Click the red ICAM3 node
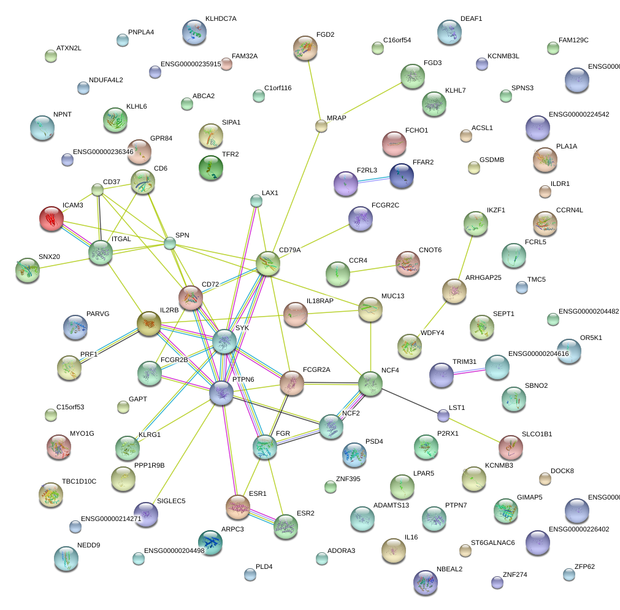point(52,218)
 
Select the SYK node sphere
point(224,341)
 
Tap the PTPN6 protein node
point(221,393)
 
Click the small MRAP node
point(321,126)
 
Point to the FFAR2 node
point(402,176)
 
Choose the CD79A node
point(268,263)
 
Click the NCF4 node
point(370,384)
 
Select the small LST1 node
point(443,416)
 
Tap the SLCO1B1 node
point(510,447)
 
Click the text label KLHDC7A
point(221,19)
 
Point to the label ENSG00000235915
point(190,64)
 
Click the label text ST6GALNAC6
point(492,543)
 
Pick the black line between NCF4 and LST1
point(408,400)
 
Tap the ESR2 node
point(285,527)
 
